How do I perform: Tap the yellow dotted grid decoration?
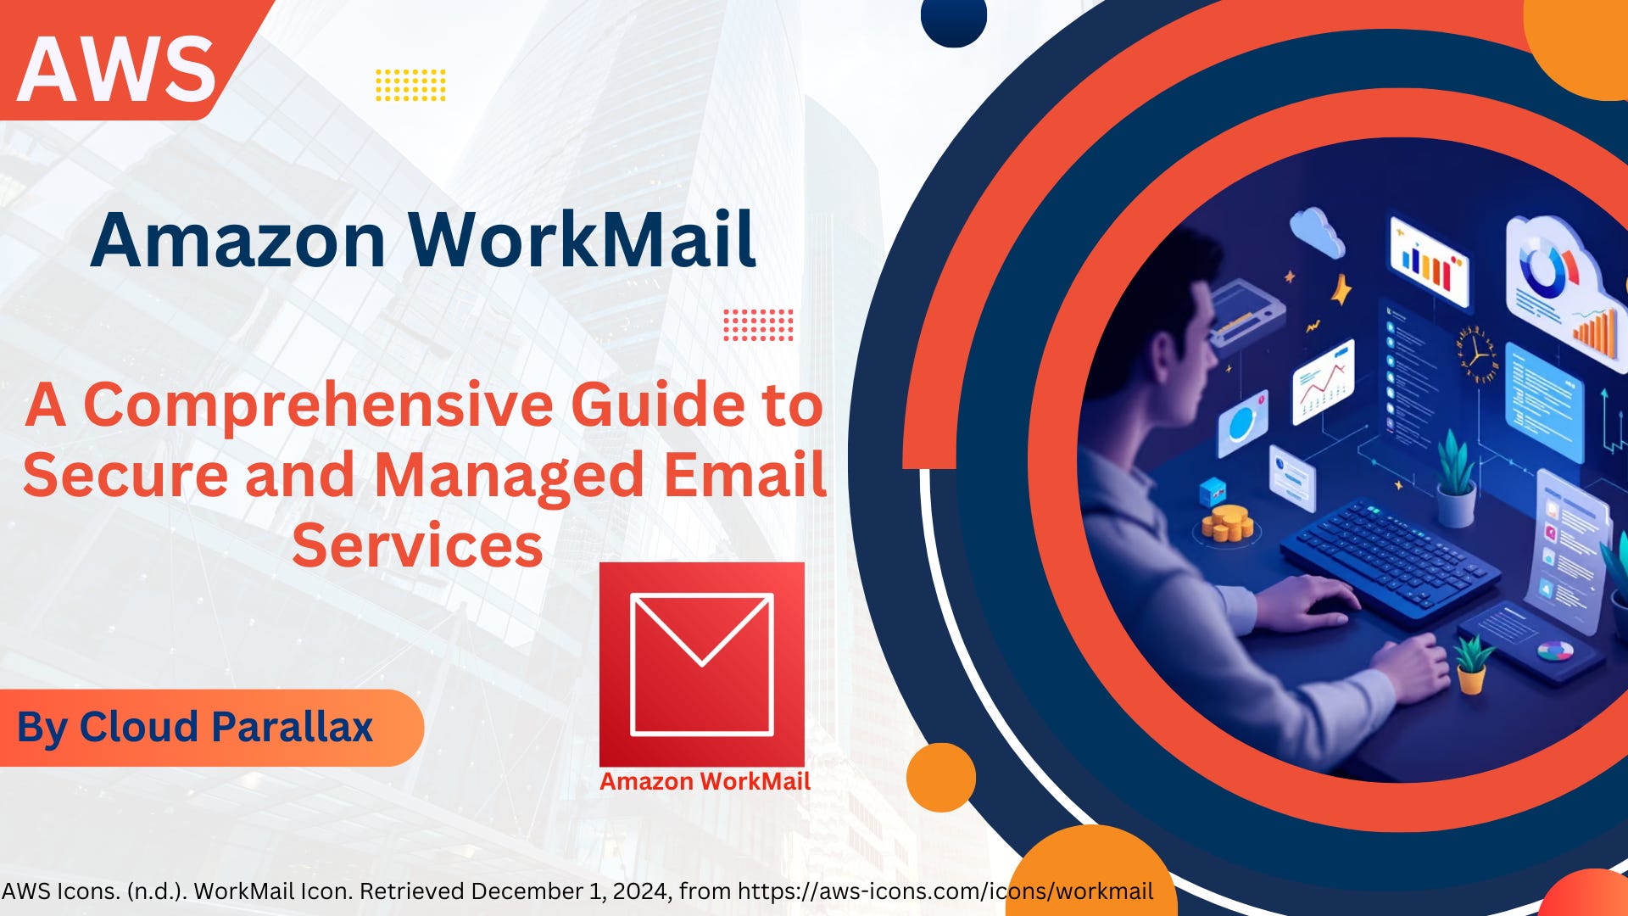tap(410, 85)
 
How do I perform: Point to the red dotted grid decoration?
tap(758, 325)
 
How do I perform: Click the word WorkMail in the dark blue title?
tap(582, 240)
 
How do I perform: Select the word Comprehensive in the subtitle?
tap(318, 405)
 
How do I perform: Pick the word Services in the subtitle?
tap(417, 545)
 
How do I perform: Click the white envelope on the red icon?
tap(702, 663)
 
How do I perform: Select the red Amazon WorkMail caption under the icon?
tap(705, 781)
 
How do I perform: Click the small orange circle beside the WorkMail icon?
tap(940, 777)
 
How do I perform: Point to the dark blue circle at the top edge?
tap(954, 19)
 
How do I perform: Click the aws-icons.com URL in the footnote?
tap(945, 891)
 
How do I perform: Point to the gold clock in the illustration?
tap(1477, 353)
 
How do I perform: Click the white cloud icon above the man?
tap(1317, 230)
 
